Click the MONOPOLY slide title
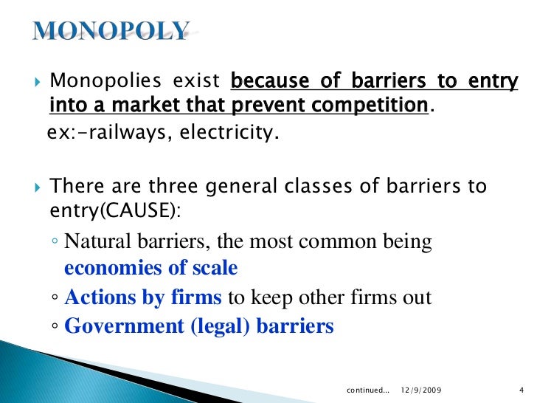coord(111,30)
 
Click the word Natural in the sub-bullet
coord(93,242)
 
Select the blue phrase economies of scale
coord(150,269)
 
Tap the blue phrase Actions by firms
coord(143,297)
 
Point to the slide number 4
coord(521,389)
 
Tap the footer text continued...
coord(367,389)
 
